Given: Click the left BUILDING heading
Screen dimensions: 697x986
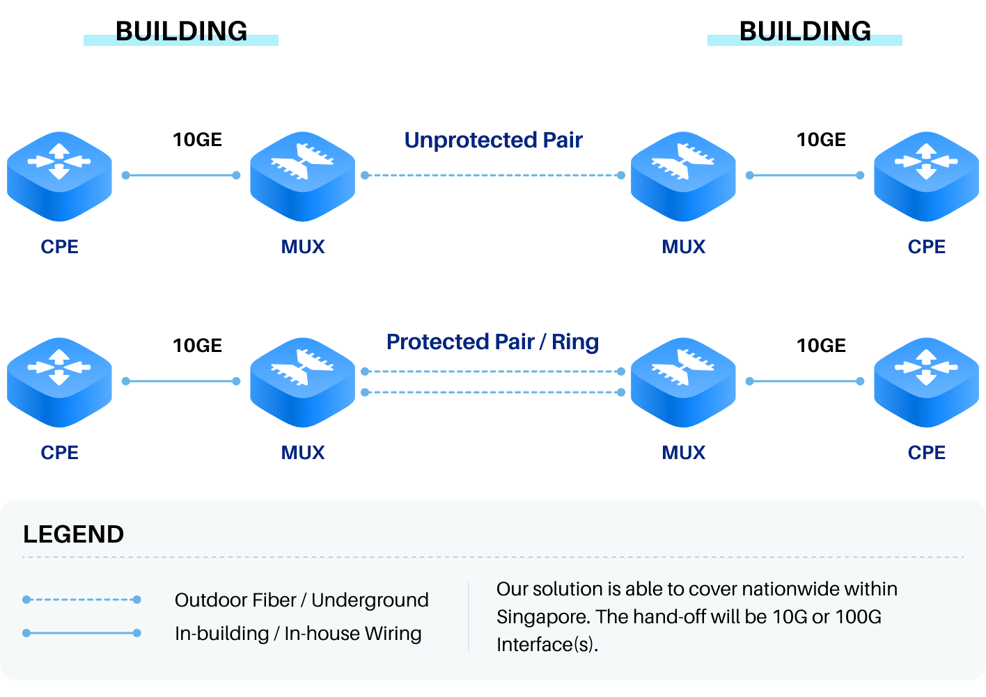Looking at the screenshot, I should pos(181,31).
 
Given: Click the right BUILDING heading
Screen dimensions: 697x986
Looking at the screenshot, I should pos(805,31).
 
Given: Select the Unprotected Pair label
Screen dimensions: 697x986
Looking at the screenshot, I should pos(493,140).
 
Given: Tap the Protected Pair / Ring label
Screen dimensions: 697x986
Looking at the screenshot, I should pos(492,342).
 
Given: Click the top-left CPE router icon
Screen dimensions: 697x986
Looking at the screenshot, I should pos(59,175).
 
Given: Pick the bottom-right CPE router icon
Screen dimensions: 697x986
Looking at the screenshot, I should pos(926,381).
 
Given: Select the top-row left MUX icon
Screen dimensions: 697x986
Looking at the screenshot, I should pos(302,175).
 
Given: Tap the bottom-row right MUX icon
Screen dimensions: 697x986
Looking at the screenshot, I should pos(683,381).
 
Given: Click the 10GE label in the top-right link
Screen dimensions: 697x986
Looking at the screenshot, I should pos(821,140).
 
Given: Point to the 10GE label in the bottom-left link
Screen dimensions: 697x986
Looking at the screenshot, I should pos(197,346).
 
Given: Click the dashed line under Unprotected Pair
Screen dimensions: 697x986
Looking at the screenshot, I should pos(493,175).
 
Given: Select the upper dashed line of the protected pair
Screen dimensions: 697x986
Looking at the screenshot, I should pos(493,371).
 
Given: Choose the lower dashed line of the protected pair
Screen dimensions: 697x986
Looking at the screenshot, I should pos(493,392).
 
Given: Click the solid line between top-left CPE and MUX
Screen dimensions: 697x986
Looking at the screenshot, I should pos(181,175).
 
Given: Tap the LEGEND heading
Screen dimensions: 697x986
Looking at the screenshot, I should pos(73,534).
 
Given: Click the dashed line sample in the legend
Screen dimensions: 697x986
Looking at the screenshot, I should pos(81,600).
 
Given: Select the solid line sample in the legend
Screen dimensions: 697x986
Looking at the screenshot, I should pos(81,633).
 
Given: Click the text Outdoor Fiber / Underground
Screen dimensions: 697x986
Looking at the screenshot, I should pos(302,600).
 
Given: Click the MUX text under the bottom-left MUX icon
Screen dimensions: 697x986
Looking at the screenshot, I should pos(303,452).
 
